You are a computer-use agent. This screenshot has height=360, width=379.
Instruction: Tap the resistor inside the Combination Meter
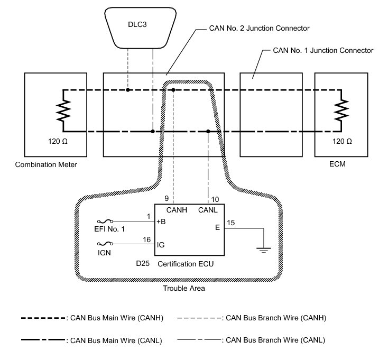pyautogui.click(x=63, y=111)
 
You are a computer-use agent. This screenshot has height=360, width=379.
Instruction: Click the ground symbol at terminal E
pyautogui.click(x=262, y=248)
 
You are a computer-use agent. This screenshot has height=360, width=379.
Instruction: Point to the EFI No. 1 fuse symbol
pyautogui.click(x=104, y=221)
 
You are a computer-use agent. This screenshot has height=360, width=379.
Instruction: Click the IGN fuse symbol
pyautogui.click(x=104, y=244)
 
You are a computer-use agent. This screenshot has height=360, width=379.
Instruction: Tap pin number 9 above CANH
pyautogui.click(x=167, y=199)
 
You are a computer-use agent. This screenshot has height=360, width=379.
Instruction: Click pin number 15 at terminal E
pyautogui.click(x=231, y=223)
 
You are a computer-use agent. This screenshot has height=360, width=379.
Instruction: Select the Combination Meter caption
pyautogui.click(x=47, y=164)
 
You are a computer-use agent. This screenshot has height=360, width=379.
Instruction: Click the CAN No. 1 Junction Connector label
pyautogui.click(x=319, y=51)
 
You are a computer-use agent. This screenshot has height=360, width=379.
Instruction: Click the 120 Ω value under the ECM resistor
pyautogui.click(x=340, y=143)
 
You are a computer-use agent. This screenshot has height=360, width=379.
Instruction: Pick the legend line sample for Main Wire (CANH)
pyautogui.click(x=44, y=318)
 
